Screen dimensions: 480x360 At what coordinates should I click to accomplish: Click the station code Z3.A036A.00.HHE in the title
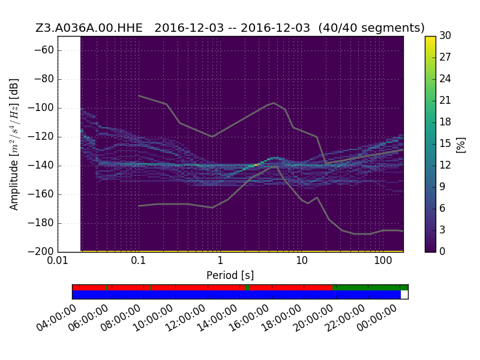click(89, 28)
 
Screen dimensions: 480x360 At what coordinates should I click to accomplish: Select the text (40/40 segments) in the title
click(371, 28)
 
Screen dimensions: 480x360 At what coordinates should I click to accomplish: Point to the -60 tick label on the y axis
click(44, 50)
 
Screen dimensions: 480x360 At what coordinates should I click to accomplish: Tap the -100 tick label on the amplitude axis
click(41, 108)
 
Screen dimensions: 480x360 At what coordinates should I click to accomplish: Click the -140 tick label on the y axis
click(41, 166)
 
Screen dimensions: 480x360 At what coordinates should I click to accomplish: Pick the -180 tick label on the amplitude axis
click(41, 223)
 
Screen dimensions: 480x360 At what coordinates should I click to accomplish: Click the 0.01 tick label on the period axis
click(58, 261)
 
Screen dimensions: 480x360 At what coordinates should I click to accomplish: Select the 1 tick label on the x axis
click(220, 261)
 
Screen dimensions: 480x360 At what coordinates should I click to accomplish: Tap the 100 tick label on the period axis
click(383, 261)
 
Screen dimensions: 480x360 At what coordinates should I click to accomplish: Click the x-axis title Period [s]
click(230, 275)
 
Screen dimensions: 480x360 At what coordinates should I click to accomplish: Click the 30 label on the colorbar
click(445, 36)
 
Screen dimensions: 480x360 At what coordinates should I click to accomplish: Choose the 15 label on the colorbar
click(445, 143)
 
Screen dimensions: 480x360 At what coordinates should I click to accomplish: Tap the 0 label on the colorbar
click(442, 251)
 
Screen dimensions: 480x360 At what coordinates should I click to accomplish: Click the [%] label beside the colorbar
click(460, 145)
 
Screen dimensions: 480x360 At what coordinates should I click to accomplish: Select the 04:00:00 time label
click(56, 319)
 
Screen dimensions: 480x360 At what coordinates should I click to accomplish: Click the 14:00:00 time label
click(217, 319)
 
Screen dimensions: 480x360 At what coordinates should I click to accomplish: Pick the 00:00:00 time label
click(377, 319)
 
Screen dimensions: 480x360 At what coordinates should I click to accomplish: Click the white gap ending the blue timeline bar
click(404, 295)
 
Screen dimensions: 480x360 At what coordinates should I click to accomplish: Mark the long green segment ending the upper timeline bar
click(370, 287)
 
